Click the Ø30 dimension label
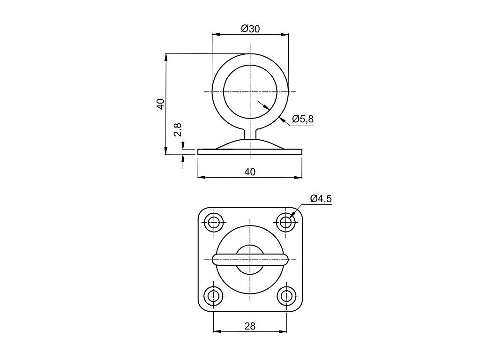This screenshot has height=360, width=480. [x=250, y=29]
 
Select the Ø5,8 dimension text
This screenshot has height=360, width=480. [x=303, y=119]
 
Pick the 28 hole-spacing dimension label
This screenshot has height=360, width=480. [x=250, y=326]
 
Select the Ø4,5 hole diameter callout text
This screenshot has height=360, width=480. [x=321, y=199]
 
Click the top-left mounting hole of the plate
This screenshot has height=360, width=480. [x=213, y=222]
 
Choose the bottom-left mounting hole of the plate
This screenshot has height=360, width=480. [x=213, y=296]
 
